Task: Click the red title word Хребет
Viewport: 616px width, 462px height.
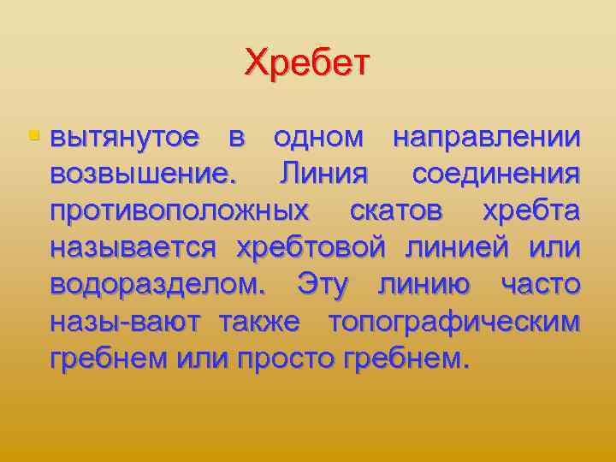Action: (x=307, y=63)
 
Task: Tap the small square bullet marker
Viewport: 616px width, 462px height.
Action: (x=33, y=135)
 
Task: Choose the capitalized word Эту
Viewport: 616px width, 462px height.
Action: (x=322, y=284)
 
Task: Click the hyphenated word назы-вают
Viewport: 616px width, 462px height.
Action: (x=126, y=321)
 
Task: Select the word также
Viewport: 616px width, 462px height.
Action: (x=259, y=321)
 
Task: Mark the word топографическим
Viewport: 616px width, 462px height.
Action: (x=453, y=321)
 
